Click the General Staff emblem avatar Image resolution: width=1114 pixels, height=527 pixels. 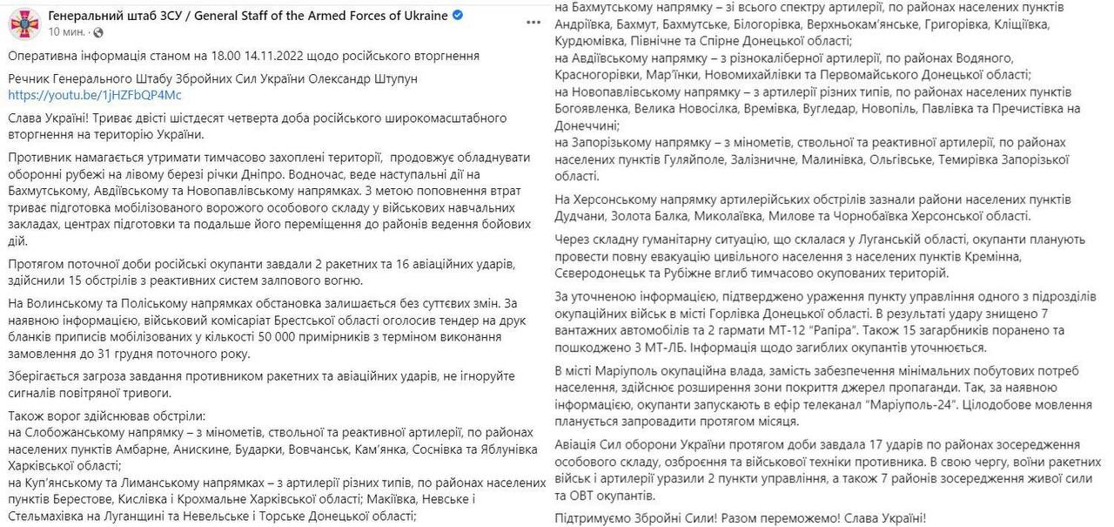pyautogui.click(x=23, y=23)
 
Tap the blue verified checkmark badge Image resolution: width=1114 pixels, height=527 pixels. pyautogui.click(x=458, y=17)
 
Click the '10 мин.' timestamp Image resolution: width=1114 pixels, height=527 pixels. pyautogui.click(x=65, y=32)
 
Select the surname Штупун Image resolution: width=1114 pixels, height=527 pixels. pyautogui.click(x=394, y=78)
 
